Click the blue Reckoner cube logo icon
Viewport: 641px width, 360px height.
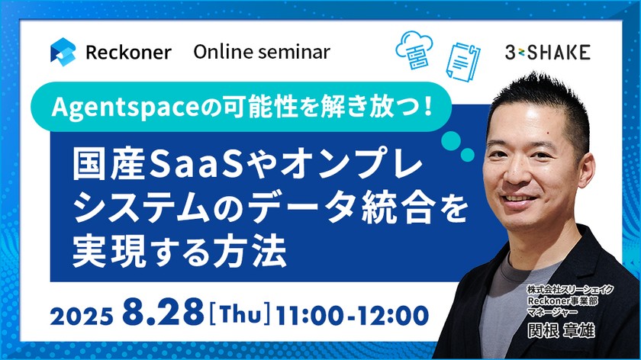click(x=63, y=52)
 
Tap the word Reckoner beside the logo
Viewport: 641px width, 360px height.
click(x=128, y=52)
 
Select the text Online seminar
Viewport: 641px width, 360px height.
click(x=261, y=52)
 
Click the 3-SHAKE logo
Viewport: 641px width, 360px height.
click(x=547, y=52)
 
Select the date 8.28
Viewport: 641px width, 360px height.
click(x=166, y=313)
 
